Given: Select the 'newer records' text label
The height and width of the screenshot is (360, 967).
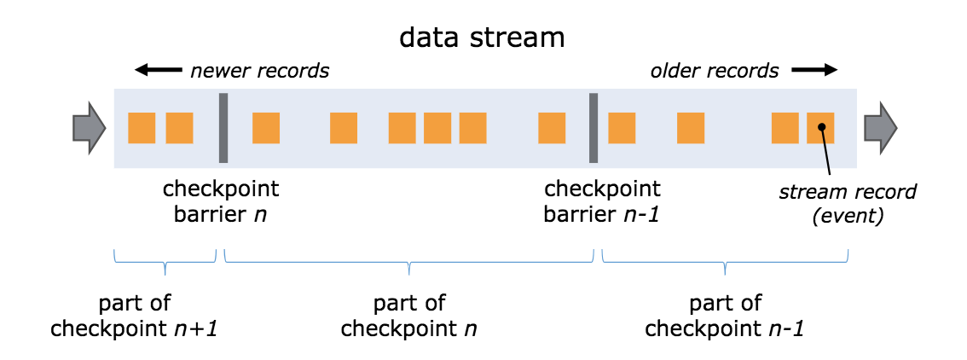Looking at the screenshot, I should pos(259,71).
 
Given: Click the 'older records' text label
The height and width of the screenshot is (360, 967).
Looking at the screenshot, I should pos(715,71).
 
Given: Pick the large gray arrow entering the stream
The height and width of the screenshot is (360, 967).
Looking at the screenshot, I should pos(89,128).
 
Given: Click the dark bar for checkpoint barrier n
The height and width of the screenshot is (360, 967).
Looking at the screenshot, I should pos(223,128).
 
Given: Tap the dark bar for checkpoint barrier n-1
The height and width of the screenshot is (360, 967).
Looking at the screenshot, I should pos(594,128).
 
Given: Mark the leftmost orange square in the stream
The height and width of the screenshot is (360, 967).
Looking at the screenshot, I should pos(142,128).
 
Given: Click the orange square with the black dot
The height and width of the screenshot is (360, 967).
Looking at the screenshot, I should pos(820,128).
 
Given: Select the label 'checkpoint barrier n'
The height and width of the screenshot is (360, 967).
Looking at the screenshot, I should pos(221,200).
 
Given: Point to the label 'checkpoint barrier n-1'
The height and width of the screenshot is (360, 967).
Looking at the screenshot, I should pos(602,200).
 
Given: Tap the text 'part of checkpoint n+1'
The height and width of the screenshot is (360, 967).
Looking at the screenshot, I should pos(134,316).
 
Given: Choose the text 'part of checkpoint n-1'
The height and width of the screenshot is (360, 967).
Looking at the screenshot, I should pos(725,316).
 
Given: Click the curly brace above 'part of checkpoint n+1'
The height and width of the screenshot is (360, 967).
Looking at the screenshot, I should pos(165,260).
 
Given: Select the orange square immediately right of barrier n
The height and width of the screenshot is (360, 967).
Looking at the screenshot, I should pos(266,128).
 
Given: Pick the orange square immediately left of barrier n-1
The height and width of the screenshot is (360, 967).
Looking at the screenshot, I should pos(552,128).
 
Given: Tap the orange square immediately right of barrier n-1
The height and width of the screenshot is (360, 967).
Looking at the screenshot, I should pos(622,128).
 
